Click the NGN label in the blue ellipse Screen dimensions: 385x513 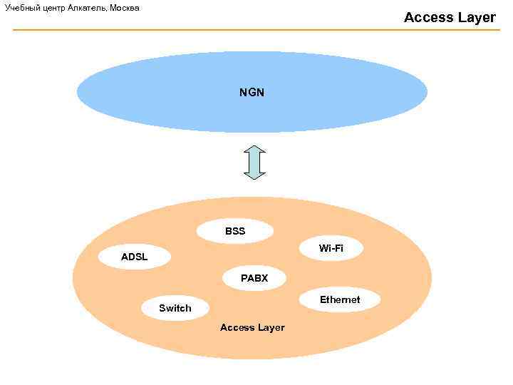(x=252, y=93)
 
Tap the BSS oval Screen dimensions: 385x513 (x=234, y=231)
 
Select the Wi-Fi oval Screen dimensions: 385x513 (x=331, y=248)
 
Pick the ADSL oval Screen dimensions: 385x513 (x=135, y=257)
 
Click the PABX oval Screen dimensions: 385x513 (x=254, y=278)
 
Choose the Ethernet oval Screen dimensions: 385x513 (x=340, y=299)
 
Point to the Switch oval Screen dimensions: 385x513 (x=175, y=308)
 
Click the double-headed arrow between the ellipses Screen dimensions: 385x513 (x=254, y=163)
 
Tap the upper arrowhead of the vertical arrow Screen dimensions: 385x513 (x=254, y=150)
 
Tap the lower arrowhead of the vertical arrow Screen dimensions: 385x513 (x=254, y=174)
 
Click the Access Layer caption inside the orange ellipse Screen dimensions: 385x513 (x=252, y=327)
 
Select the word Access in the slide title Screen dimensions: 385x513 (x=428, y=17)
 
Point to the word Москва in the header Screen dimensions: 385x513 (x=125, y=8)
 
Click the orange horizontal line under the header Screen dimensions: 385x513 (x=256, y=30)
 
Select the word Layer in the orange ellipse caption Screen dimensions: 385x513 (x=271, y=327)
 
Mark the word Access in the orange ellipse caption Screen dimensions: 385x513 (x=237, y=327)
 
